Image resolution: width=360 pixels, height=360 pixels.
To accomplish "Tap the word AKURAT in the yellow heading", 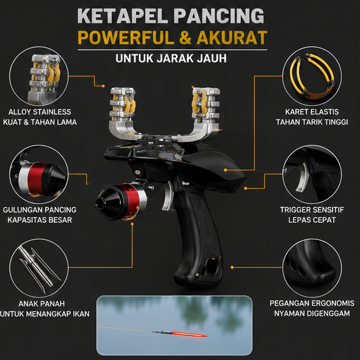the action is tap(232, 37).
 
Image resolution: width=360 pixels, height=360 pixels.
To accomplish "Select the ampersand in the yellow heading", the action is tap(185, 37).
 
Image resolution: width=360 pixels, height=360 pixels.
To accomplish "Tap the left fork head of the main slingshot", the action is tap(123, 105).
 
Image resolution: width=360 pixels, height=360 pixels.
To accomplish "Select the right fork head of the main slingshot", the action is tap(206, 105).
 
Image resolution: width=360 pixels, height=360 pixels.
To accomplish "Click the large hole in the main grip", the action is tap(212, 265).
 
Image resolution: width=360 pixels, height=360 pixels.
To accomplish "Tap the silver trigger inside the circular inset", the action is tap(303, 177).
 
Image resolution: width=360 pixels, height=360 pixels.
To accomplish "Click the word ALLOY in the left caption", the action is tap(20, 112).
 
